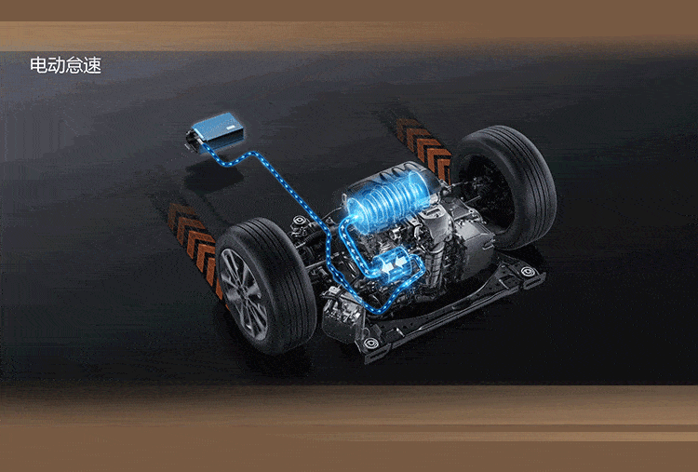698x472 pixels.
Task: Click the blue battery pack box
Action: [218, 130]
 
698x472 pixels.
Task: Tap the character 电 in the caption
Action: [39, 65]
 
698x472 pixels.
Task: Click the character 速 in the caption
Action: [92, 65]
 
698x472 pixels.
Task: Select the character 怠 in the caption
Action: [74, 65]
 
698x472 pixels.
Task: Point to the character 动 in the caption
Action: [57, 65]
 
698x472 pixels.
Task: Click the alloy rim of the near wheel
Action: [244, 294]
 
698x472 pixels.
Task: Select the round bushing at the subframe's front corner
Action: [370, 343]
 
